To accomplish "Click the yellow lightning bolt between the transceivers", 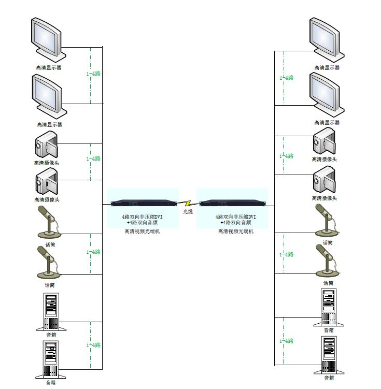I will pyautogui.click(x=189, y=203).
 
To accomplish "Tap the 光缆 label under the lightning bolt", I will pyautogui.click(x=188, y=212).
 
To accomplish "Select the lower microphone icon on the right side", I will pyautogui.click(x=327, y=261).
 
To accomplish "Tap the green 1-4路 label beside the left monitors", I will pyautogui.click(x=93, y=74).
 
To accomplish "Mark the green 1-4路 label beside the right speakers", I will pyautogui.click(x=287, y=341).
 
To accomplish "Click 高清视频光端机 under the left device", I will pyautogui.click(x=142, y=232).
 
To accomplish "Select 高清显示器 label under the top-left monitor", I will pyautogui.click(x=49, y=67).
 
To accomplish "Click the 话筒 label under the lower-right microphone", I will pyautogui.click(x=328, y=283).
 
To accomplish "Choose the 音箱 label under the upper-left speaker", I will pyautogui.click(x=51, y=335).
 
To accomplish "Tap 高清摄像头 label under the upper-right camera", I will pyautogui.click(x=324, y=160).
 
